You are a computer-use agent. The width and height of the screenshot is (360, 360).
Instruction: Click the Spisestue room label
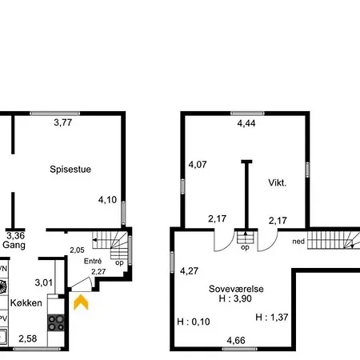coord(70,170)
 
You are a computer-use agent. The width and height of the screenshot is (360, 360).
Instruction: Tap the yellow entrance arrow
coord(81,302)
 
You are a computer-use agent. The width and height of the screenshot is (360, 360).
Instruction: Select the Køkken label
coord(26,303)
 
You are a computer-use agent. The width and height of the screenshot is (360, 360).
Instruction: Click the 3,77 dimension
coord(63,122)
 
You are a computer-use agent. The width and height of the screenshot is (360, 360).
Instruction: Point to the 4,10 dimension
coord(107,200)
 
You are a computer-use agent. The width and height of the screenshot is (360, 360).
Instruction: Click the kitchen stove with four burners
coord(56,322)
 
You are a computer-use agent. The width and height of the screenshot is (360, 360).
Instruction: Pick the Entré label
coord(93,261)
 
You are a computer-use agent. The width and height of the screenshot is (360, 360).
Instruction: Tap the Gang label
coord(14,245)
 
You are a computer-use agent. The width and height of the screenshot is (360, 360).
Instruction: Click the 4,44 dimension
coord(246,123)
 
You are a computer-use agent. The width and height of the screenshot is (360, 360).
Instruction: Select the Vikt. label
coord(278,182)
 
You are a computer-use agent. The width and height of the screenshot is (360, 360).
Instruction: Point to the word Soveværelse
coord(236,289)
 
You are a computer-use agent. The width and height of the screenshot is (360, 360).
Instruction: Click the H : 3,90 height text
coord(235,298)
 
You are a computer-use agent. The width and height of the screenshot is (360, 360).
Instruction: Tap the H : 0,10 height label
coord(194,322)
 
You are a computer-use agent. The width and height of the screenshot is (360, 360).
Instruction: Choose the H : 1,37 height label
coord(272,317)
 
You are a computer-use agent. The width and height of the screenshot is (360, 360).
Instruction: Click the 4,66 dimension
coord(236,340)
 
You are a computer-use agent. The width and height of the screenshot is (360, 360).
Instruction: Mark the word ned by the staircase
coord(298,242)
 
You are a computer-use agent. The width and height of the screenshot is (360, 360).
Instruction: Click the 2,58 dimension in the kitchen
coord(28,338)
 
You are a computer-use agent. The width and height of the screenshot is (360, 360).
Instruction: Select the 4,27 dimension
coord(189,271)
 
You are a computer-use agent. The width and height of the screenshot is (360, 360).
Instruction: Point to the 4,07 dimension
coord(198,164)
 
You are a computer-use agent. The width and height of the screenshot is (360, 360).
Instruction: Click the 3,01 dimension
coord(44,282)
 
